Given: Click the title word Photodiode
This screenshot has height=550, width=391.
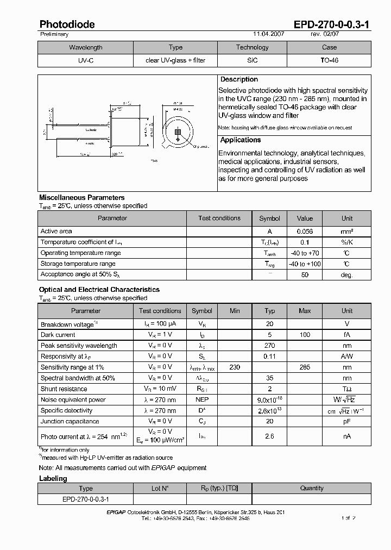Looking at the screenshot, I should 67,24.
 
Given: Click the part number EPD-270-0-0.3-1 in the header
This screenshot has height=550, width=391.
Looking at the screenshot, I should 332,24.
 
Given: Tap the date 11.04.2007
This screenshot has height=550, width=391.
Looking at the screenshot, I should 268,34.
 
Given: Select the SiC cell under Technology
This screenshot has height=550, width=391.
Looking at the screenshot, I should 252,60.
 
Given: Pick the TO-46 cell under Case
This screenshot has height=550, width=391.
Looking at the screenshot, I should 329,60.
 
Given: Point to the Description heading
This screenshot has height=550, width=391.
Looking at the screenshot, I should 239,79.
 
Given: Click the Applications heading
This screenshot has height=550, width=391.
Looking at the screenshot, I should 241,140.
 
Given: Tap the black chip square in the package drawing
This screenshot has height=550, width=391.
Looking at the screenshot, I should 177,132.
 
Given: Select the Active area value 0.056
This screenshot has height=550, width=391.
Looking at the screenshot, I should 305,232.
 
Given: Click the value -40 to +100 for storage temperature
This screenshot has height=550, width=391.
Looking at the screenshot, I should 305,264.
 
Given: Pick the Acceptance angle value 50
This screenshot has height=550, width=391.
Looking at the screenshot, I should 305,275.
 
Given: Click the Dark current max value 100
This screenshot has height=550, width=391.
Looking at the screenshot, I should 305,335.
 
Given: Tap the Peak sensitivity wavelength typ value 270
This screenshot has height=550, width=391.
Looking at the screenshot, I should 270,346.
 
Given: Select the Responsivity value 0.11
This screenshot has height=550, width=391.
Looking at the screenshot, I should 270,357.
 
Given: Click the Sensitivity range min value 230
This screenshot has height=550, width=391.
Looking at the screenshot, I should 235,367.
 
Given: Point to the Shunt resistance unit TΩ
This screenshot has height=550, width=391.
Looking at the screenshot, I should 346,389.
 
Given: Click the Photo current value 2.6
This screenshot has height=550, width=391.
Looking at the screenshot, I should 270,436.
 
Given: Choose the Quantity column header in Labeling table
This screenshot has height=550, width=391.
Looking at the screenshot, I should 312,488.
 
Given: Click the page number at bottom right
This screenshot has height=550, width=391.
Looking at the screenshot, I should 349,518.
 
